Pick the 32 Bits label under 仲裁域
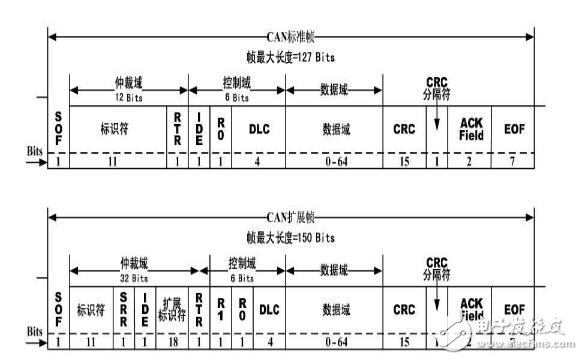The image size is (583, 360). (131, 280)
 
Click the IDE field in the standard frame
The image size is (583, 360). (199, 127)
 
